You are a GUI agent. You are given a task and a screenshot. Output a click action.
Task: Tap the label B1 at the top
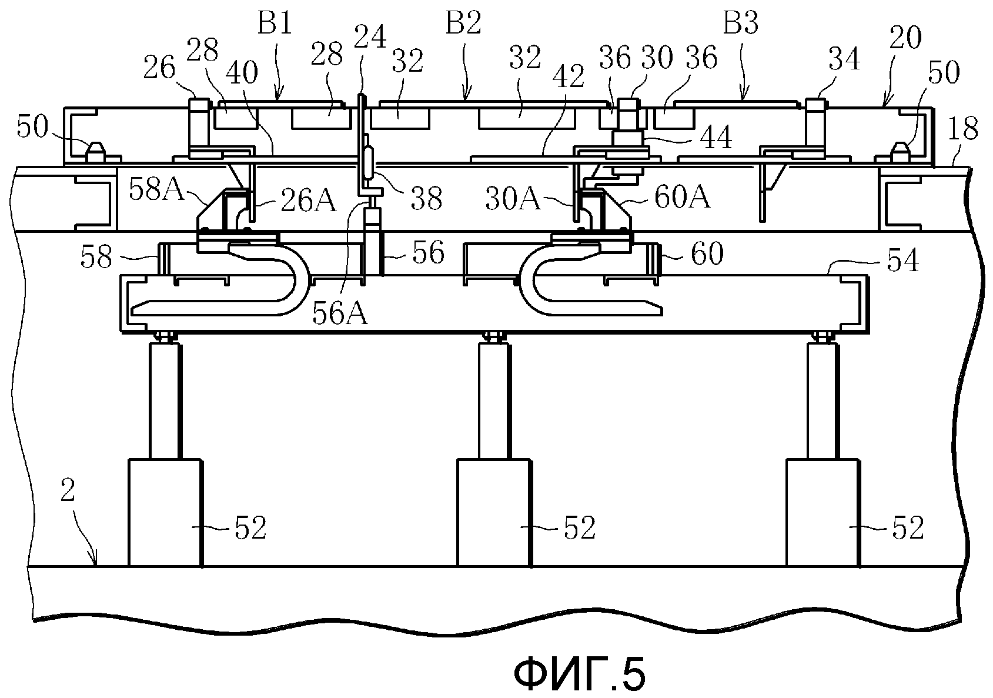275,22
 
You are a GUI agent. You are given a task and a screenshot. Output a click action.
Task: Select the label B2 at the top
463,22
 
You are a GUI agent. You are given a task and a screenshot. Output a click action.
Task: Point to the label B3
741,22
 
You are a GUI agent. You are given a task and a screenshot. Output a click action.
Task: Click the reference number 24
370,36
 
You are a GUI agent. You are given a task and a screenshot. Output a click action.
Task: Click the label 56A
340,314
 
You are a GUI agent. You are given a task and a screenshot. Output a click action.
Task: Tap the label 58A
156,191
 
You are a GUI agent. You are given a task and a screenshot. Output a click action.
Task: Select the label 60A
682,198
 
